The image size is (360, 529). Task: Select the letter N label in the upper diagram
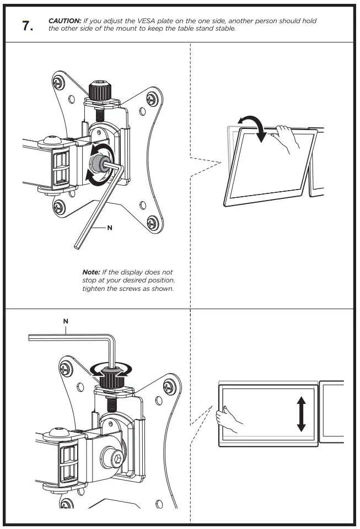pyautogui.click(x=110, y=228)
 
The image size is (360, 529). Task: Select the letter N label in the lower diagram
pyautogui.click(x=66, y=320)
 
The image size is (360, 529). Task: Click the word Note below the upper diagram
pyautogui.click(x=91, y=272)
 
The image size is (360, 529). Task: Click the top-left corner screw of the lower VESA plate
pyautogui.click(x=66, y=364)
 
